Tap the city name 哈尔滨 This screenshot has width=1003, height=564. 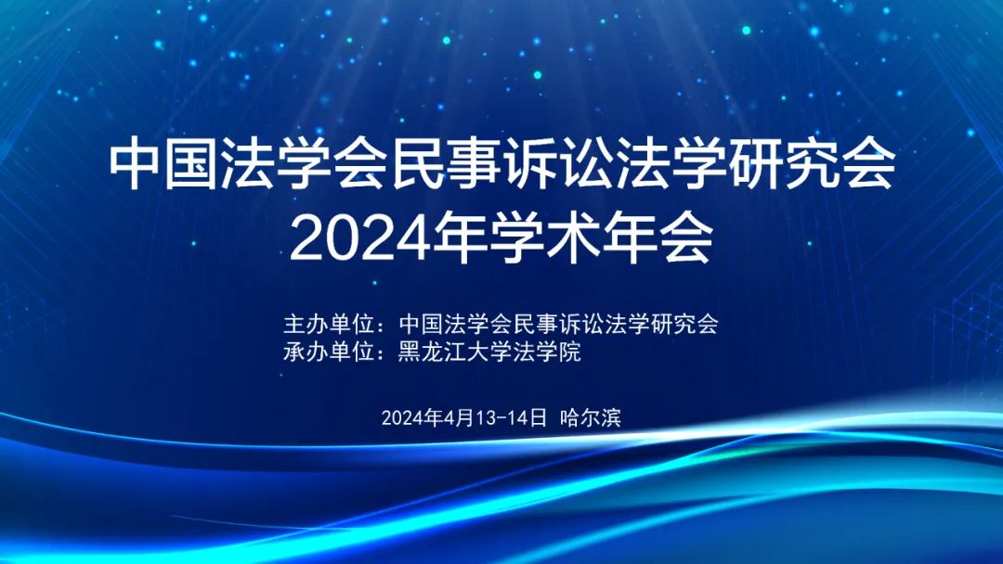(591, 417)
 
